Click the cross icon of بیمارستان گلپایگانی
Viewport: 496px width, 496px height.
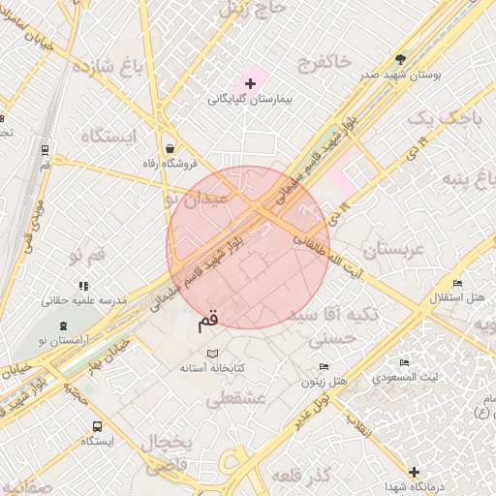(x=251, y=84)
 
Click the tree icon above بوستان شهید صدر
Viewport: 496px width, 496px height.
(x=401, y=59)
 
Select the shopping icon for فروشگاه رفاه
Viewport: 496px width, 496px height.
(x=171, y=148)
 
